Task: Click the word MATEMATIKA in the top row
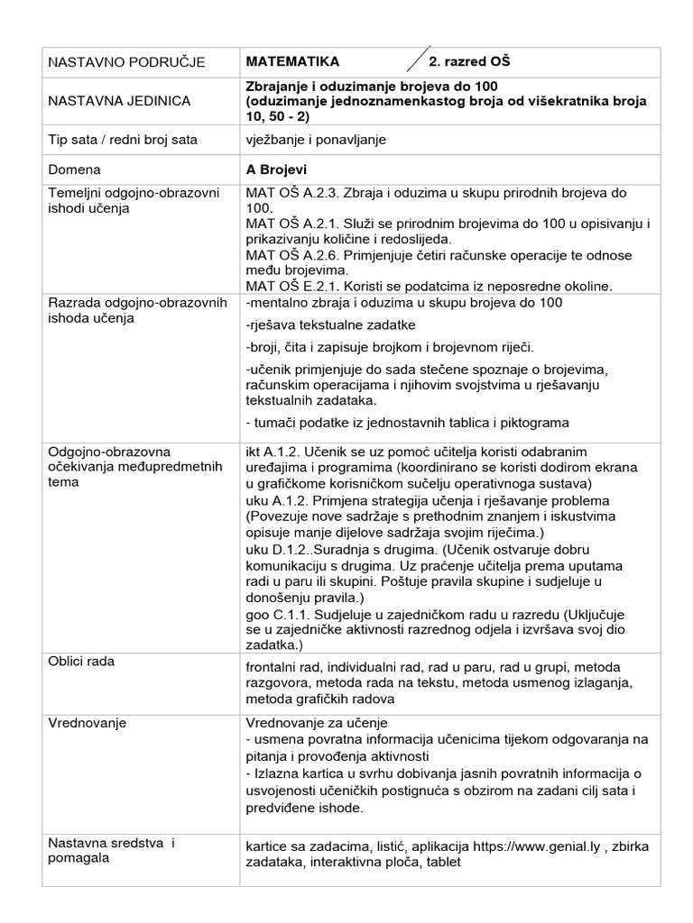pos(292,61)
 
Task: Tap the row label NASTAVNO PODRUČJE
pos(126,62)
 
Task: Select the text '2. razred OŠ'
pos(468,61)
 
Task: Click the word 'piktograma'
pos(535,424)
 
